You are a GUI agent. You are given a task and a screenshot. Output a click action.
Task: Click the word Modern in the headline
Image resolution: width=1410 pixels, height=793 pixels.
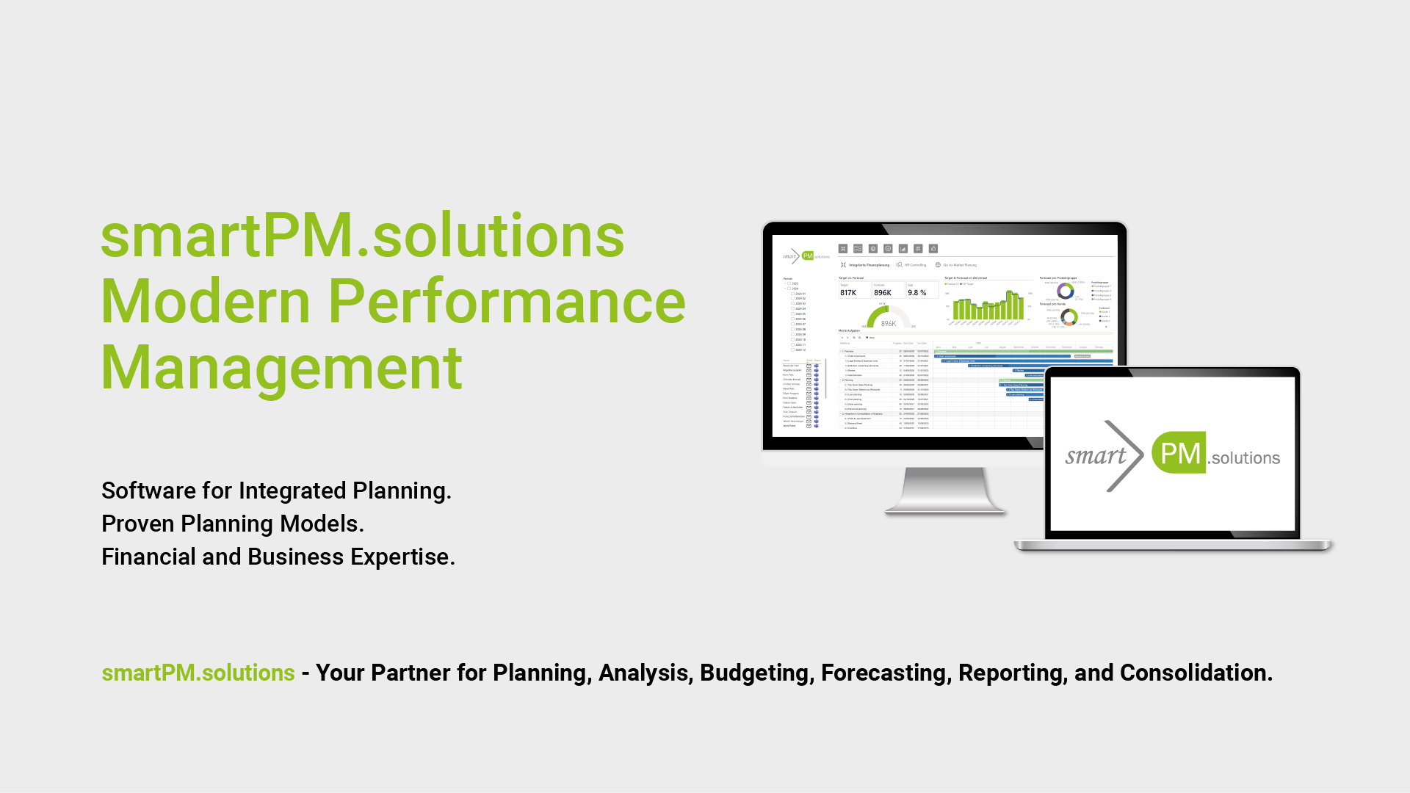click(x=206, y=302)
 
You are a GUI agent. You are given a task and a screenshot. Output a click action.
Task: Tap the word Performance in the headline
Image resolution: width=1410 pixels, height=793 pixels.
click(x=506, y=302)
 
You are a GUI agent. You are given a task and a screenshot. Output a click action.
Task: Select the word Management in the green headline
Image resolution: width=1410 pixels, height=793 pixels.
click(x=281, y=368)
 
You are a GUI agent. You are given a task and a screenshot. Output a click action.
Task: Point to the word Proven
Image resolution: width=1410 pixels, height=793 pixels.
click(x=138, y=524)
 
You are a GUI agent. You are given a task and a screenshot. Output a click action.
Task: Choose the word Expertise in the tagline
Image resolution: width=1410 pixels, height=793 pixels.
click(x=402, y=557)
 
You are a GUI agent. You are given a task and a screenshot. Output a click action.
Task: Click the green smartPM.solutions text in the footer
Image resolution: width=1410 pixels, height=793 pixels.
click(x=198, y=673)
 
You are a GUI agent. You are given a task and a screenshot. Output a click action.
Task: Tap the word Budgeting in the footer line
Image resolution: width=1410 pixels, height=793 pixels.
click(x=756, y=673)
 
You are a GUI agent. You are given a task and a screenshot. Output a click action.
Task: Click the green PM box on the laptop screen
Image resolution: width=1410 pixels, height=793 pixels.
click(x=1179, y=453)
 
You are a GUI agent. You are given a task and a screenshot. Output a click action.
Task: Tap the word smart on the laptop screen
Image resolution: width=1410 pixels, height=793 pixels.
click(x=1096, y=456)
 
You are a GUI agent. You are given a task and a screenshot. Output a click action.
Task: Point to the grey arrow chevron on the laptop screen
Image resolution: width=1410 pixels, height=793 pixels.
click(x=1124, y=456)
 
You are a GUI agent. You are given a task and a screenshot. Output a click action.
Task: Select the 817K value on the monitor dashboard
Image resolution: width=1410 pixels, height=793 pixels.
click(x=848, y=293)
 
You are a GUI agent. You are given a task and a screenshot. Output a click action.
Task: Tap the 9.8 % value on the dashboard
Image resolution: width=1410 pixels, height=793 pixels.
click(x=916, y=293)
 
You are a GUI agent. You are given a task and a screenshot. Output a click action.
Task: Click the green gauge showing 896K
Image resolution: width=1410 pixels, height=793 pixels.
click(x=888, y=317)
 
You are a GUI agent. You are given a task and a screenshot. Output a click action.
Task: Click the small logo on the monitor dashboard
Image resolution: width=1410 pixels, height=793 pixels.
click(x=806, y=256)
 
